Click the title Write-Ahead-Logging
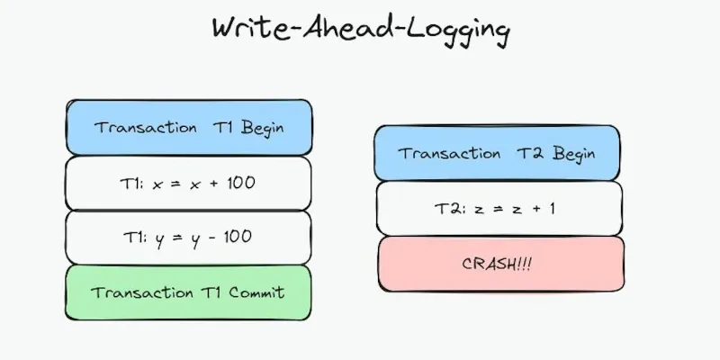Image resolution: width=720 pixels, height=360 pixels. pyautogui.click(x=360, y=29)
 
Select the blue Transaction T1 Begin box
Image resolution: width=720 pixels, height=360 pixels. pyautogui.click(x=189, y=127)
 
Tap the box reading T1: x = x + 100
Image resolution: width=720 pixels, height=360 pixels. pyautogui.click(x=189, y=183)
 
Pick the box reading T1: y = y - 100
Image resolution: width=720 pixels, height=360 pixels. pyautogui.click(x=189, y=237)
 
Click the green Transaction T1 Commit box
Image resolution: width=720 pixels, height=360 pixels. pyautogui.click(x=189, y=292)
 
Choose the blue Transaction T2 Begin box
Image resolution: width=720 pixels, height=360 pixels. pyautogui.click(x=497, y=153)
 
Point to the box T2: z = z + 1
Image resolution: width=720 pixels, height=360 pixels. pyautogui.click(x=497, y=208)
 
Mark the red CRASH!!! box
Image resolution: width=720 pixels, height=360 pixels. pyautogui.click(x=497, y=264)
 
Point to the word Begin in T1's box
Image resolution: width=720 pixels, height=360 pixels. pyautogui.click(x=262, y=127)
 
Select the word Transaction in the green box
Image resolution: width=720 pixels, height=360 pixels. pyautogui.click(x=133, y=292)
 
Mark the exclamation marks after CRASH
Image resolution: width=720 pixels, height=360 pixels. pyautogui.click(x=523, y=264)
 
